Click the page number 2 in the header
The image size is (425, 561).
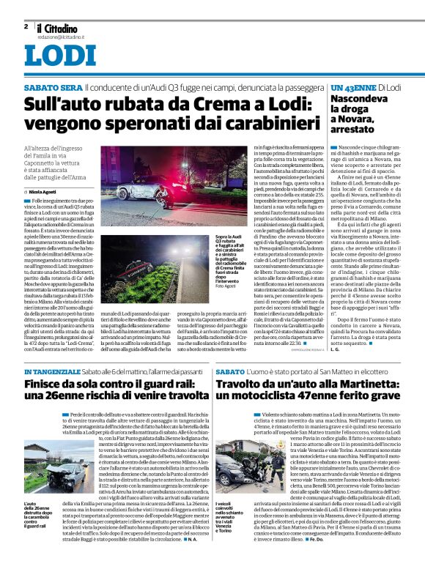click(26, 26)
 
